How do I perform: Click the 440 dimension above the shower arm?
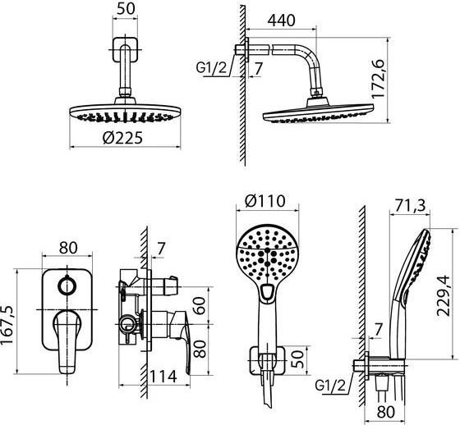click(281, 21)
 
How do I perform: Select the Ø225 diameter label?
click(122, 138)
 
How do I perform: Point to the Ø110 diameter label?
click(264, 201)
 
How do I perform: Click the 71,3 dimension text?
click(410, 206)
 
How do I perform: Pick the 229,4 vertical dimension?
click(443, 295)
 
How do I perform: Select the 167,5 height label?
click(7, 325)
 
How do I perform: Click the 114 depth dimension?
click(163, 377)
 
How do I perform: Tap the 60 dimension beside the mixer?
click(200, 305)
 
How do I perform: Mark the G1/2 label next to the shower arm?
click(212, 68)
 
